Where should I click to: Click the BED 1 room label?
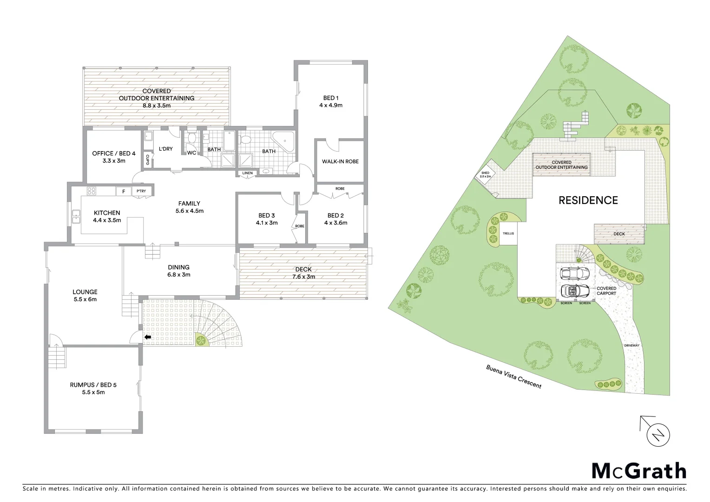point(331,101)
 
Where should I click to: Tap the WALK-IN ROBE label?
point(340,161)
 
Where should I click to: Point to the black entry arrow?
point(148,337)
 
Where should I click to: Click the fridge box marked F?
point(123,191)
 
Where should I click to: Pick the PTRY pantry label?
point(141,191)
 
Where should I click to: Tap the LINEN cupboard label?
point(247,173)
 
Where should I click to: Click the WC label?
point(191,152)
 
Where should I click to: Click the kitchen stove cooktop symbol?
point(91,191)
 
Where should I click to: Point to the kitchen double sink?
point(76,217)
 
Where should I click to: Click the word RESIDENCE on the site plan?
point(588,200)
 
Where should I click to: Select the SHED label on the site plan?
point(485,175)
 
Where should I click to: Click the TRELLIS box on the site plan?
point(508,233)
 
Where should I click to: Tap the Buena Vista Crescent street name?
point(513,376)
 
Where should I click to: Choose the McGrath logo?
point(638,471)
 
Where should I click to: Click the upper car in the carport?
point(574,272)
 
